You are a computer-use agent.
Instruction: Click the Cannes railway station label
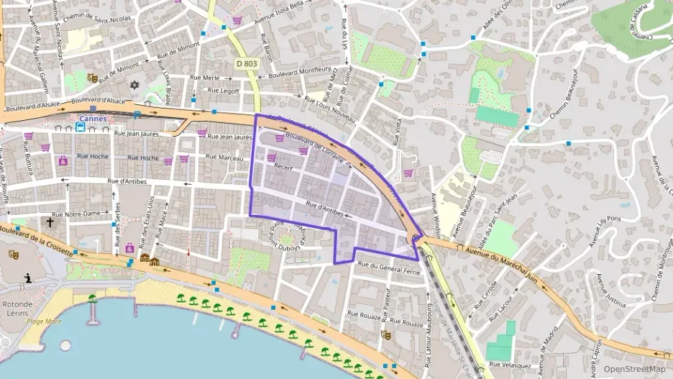tap(93, 119)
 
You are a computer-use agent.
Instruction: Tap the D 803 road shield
tap(246, 64)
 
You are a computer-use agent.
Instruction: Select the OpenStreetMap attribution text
tap(634, 369)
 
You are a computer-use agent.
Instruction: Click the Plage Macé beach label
tap(44, 321)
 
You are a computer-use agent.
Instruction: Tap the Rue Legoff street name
tap(223, 91)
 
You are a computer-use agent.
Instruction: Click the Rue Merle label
tap(204, 78)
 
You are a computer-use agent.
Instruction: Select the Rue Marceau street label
tap(225, 157)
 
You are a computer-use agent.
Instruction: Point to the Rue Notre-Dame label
tap(86, 214)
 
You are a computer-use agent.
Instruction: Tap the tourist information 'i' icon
tap(27, 278)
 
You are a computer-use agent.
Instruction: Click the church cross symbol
tap(50, 222)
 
